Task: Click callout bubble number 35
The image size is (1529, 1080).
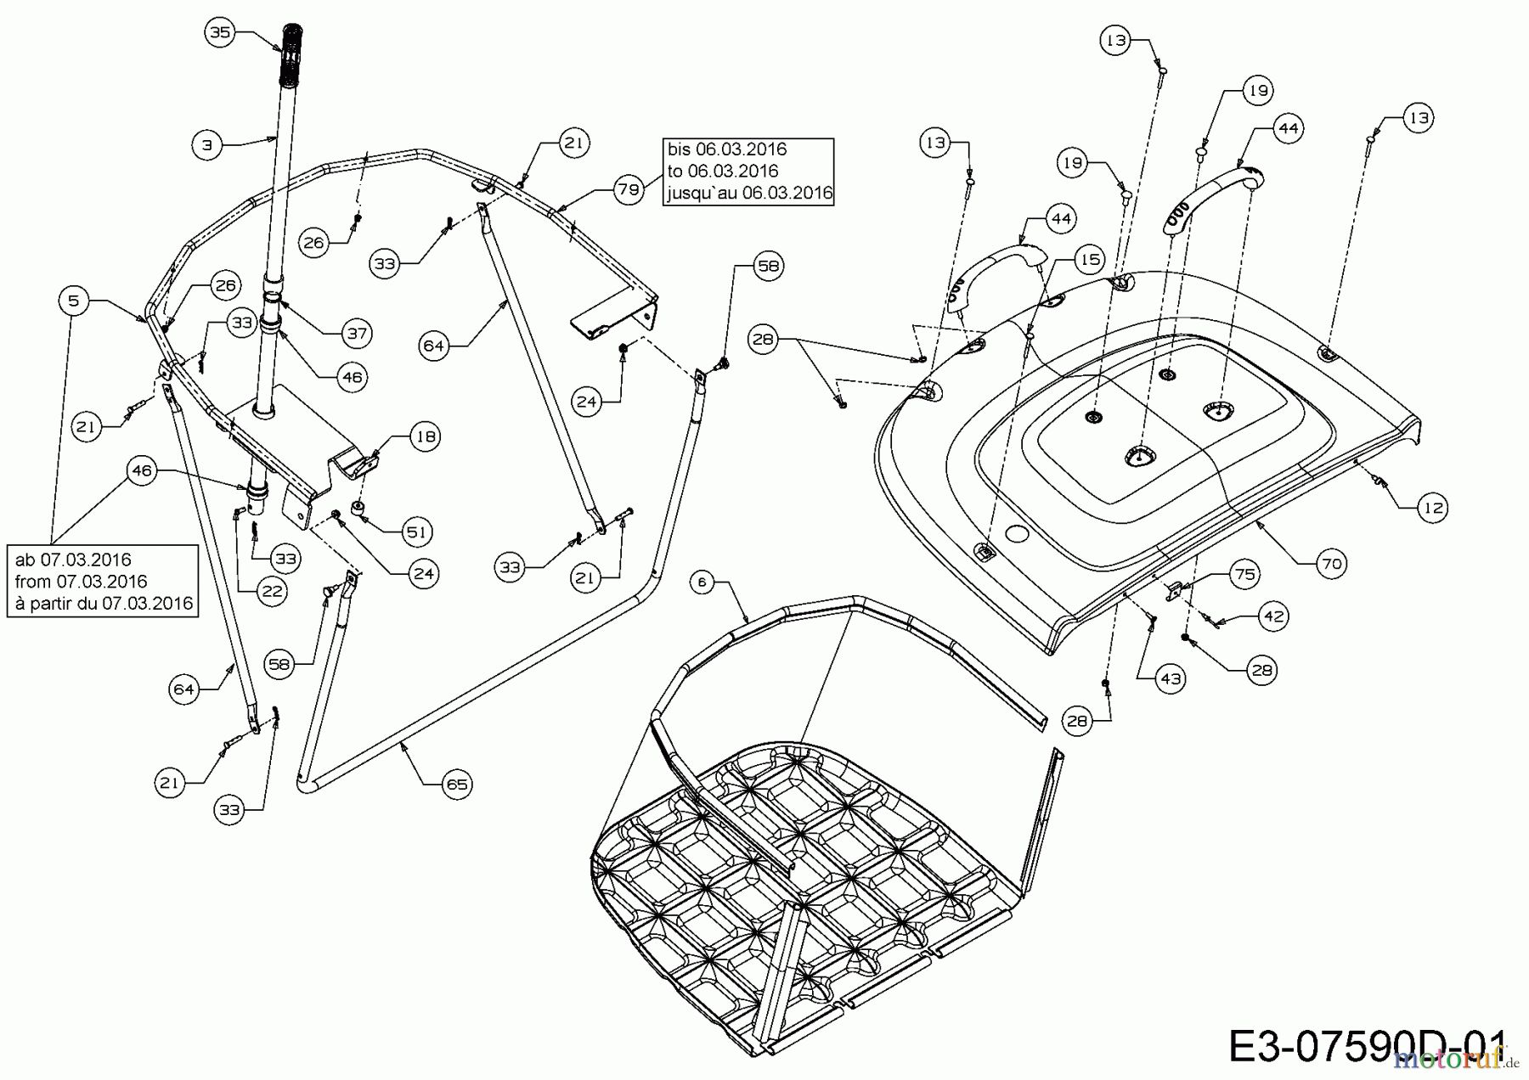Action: click(219, 32)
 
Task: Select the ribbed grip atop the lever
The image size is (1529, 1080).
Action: click(291, 56)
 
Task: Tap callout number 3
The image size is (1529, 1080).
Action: click(206, 145)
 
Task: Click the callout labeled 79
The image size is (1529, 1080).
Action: click(629, 190)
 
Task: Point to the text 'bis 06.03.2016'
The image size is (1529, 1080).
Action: click(728, 149)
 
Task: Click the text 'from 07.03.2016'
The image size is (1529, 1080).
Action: click(81, 582)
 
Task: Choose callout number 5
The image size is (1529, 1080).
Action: click(74, 300)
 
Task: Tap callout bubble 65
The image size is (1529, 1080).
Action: click(457, 784)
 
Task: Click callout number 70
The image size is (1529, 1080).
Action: click(1332, 563)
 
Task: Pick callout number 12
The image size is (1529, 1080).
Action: click(1433, 508)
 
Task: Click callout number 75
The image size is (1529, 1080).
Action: click(1244, 575)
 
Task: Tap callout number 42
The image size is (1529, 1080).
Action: click(1273, 616)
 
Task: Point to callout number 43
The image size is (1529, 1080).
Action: click(1171, 678)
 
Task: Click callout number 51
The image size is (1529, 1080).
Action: click(417, 532)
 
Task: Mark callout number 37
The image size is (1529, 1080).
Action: click(357, 333)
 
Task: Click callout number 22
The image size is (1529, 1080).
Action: click(272, 590)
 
